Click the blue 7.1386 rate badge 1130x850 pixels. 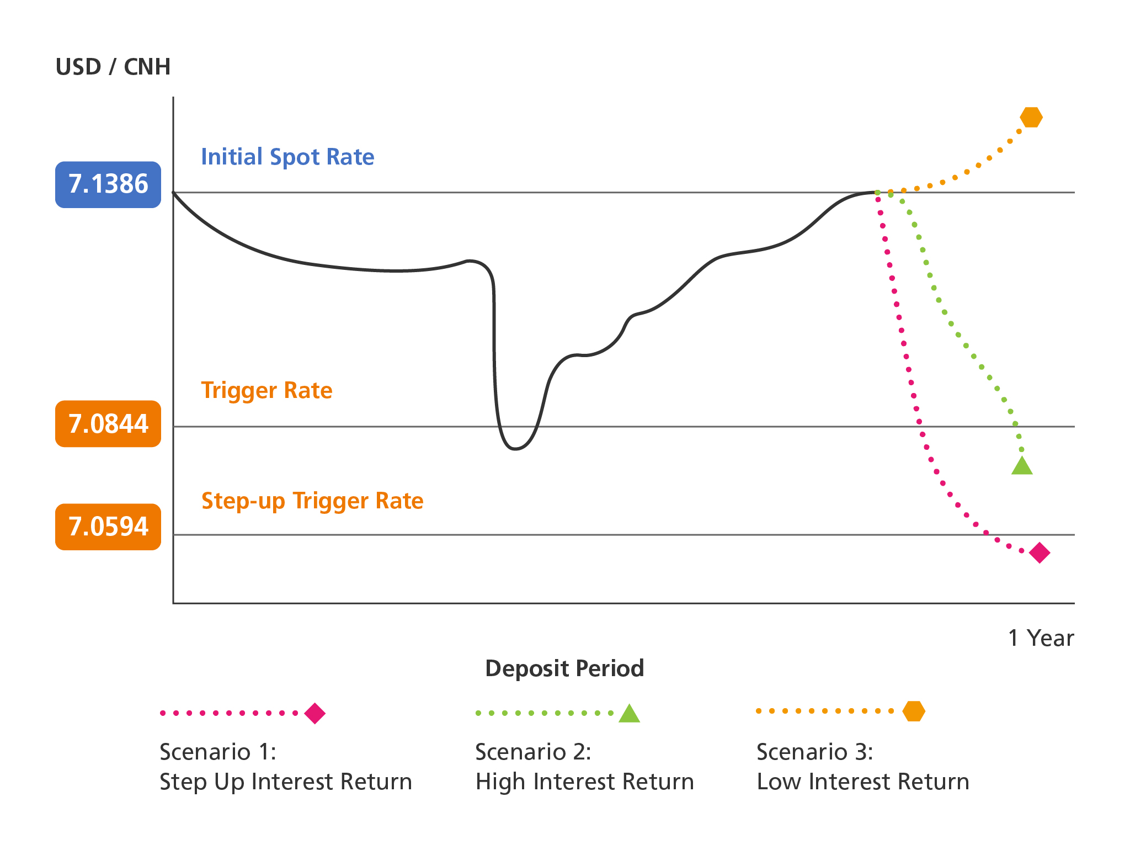[108, 184]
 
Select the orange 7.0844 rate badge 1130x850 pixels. [108, 424]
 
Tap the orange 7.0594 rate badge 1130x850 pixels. [108, 527]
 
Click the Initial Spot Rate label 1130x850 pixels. [287, 157]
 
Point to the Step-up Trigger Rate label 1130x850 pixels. [312, 501]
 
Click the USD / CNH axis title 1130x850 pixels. [113, 67]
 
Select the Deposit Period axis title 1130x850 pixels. [564, 668]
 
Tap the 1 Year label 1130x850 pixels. [1041, 638]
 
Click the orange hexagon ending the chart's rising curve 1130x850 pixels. [1031, 117]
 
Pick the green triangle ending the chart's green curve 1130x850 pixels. [1022, 466]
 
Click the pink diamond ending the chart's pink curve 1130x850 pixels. [1040, 552]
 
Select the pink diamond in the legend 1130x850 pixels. [315, 713]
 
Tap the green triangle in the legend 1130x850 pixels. [629, 713]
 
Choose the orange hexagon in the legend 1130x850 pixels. [914, 711]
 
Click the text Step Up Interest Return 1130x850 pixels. [286, 782]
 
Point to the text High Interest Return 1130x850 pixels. [585, 782]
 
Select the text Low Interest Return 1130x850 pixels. [863, 782]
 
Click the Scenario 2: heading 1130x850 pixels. [533, 752]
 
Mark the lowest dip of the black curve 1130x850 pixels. [515, 449]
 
